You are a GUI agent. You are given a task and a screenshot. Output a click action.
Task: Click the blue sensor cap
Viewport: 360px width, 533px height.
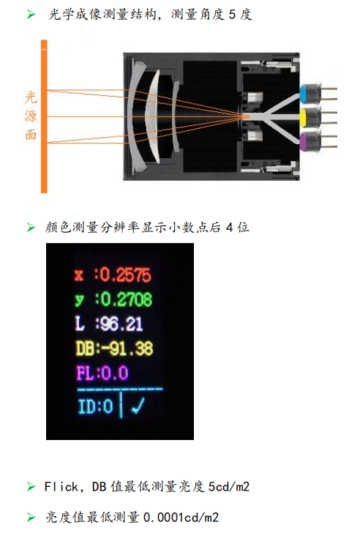(303, 94)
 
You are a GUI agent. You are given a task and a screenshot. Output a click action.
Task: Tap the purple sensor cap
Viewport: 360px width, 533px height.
(303, 141)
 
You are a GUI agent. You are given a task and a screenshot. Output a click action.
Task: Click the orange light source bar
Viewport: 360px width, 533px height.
(44, 116)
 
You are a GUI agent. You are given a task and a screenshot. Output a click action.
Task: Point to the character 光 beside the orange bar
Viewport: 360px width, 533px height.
(31, 97)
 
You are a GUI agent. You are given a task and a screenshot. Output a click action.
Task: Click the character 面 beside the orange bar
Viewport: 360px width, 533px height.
(31, 135)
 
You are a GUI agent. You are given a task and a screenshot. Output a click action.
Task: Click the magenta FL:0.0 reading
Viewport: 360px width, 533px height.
(102, 373)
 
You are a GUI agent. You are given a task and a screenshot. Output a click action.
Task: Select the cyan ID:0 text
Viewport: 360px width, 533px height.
(95, 406)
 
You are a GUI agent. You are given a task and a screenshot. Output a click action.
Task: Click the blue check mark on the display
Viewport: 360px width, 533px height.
(138, 406)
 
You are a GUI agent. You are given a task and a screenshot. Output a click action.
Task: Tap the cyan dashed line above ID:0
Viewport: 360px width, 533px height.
(120, 389)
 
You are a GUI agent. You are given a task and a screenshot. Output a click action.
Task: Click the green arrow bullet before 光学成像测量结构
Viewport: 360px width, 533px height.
(31, 15)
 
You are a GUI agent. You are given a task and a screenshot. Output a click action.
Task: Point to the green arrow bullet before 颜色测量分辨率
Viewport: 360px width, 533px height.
(31, 227)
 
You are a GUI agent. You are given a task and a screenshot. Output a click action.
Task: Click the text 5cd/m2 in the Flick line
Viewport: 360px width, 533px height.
(229, 487)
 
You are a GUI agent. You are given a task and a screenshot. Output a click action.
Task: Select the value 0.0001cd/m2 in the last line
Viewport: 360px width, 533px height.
(181, 518)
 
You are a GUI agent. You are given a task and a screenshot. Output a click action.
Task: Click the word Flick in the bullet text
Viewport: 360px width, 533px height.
(61, 487)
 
